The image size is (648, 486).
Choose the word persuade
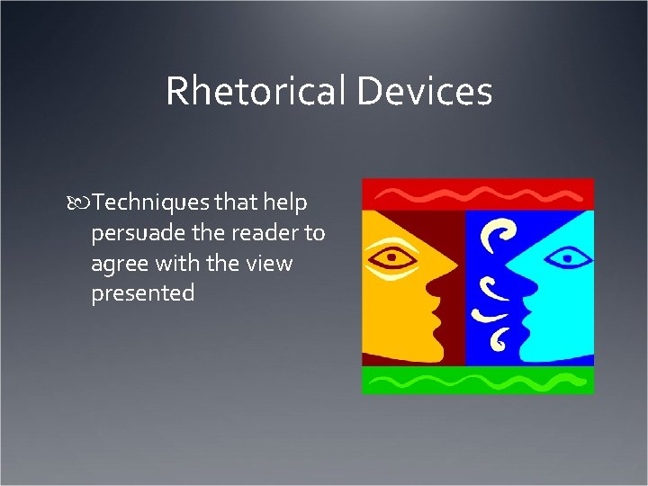(138, 234)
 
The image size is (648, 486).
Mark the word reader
(268, 234)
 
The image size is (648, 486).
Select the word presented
(142, 293)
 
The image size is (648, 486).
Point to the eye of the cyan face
(566, 259)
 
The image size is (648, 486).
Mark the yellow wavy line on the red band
(477, 193)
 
